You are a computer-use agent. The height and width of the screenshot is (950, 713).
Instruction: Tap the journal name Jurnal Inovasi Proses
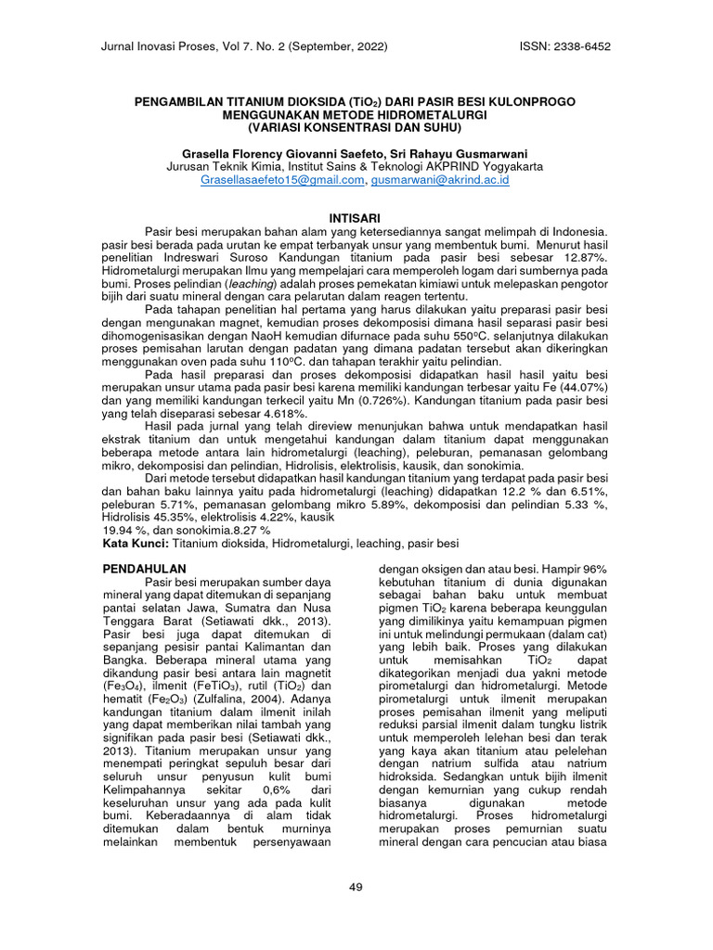(x=165, y=46)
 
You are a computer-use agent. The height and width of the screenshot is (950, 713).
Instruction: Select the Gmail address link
(x=282, y=180)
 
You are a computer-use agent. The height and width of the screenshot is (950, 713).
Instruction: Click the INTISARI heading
(x=356, y=214)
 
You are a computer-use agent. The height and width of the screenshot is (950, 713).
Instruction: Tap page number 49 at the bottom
(x=356, y=888)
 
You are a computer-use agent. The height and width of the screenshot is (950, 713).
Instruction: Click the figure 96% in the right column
(x=593, y=567)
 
